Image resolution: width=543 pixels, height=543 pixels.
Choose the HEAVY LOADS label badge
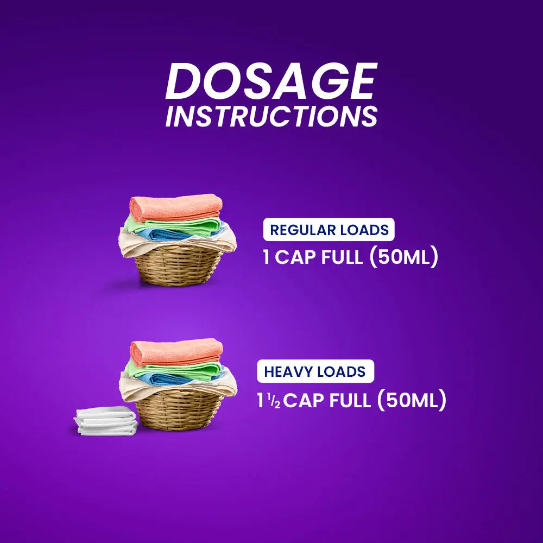[x=315, y=372]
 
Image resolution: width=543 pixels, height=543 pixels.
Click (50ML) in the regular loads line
[x=403, y=257]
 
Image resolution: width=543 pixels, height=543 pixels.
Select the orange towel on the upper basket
[x=176, y=207]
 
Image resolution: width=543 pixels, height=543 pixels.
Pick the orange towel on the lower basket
[x=176, y=351]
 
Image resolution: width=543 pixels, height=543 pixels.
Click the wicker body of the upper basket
[x=179, y=266]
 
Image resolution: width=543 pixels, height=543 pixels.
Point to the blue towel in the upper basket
[x=179, y=234]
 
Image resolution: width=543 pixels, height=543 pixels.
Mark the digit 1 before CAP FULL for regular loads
[x=267, y=257]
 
